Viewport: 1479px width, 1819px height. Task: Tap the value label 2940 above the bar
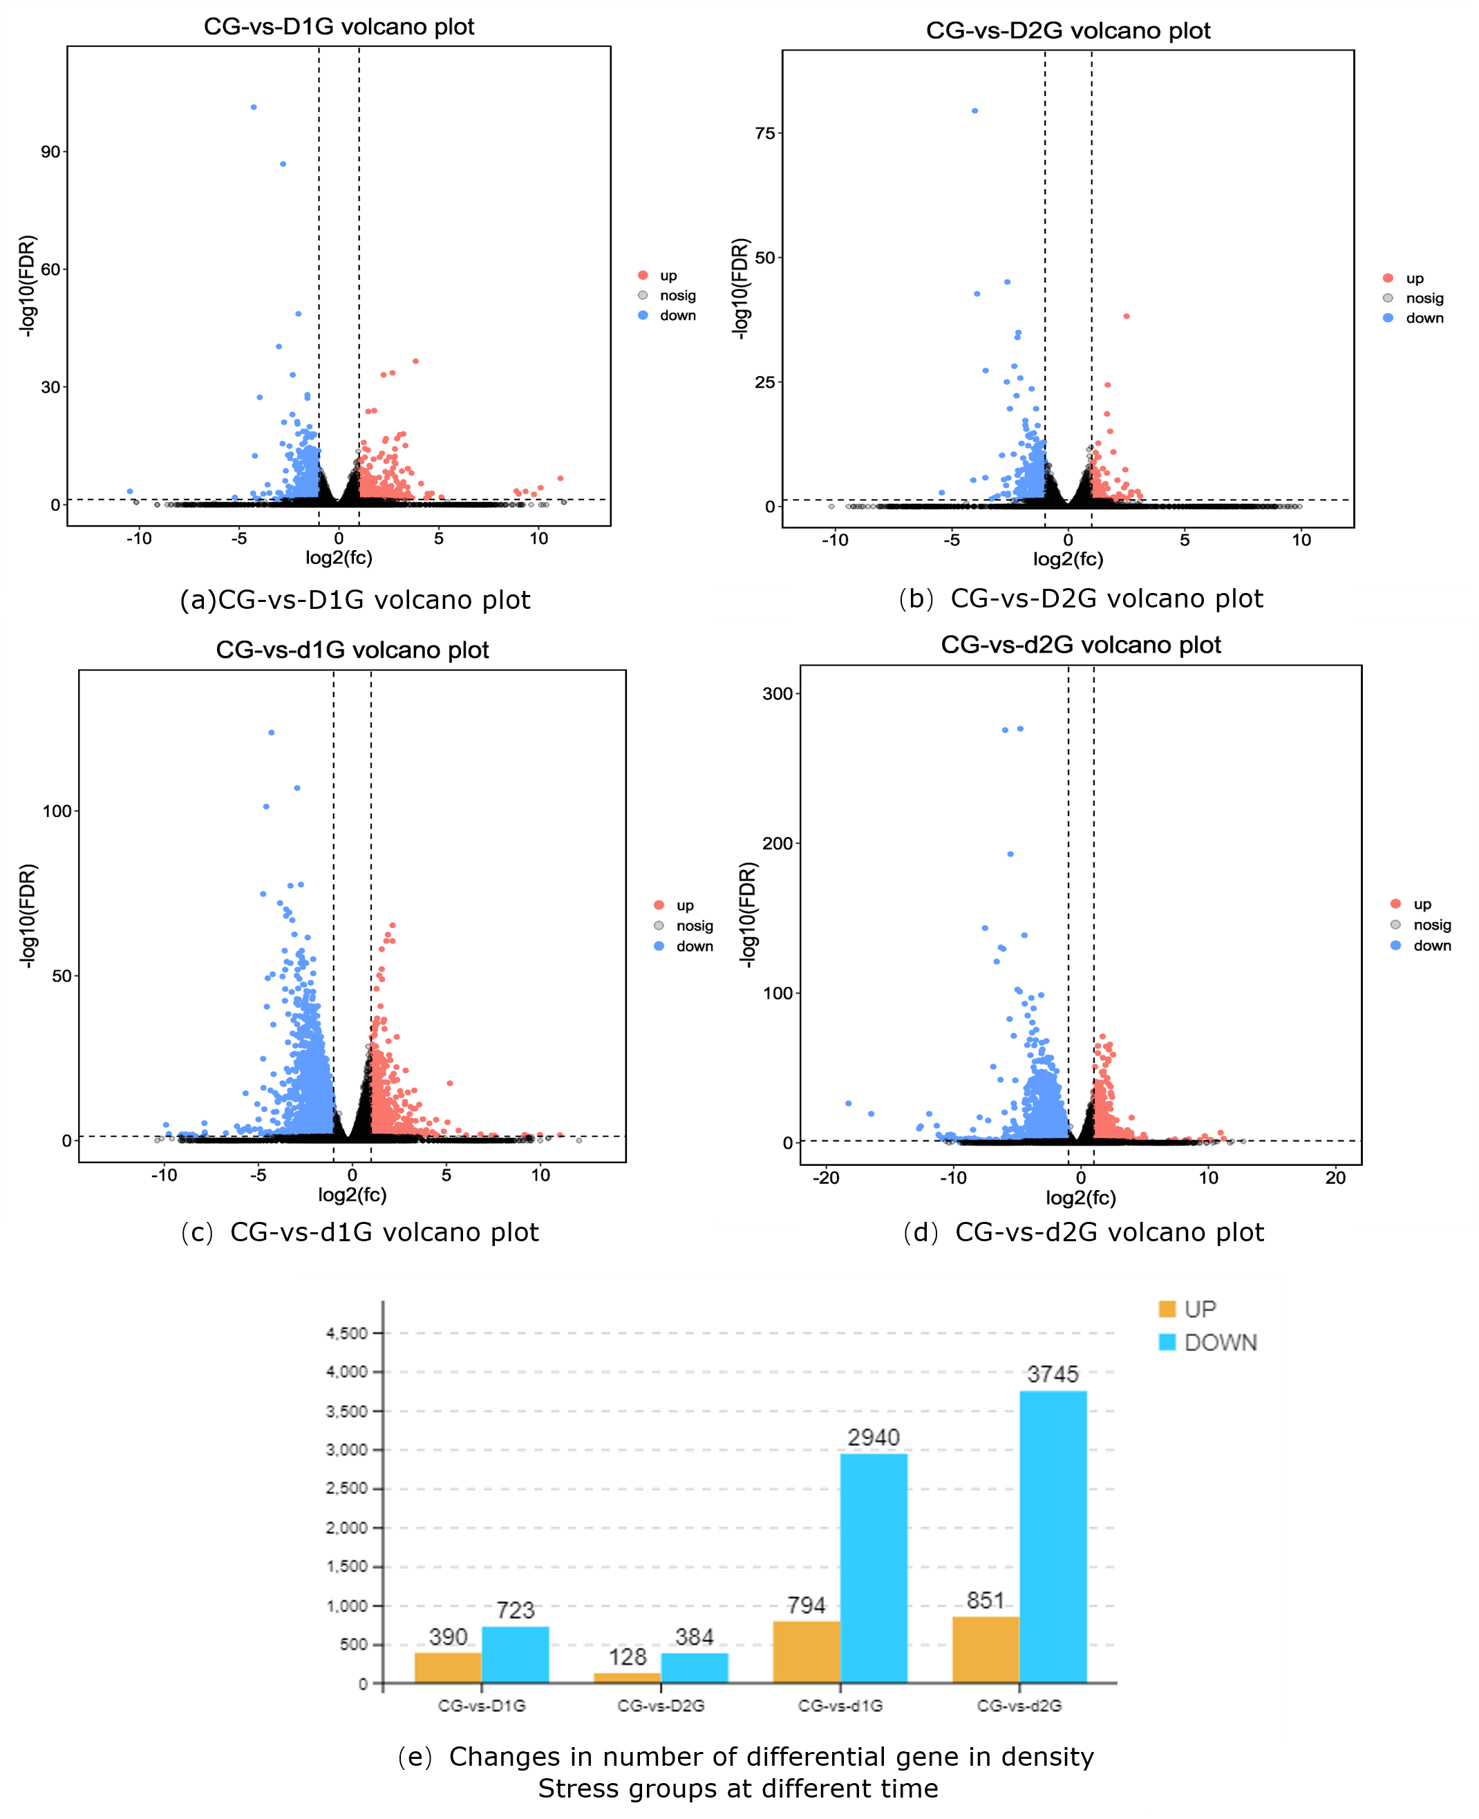pyautogui.click(x=874, y=1438)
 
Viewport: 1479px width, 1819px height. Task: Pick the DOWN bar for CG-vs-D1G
pyautogui.click(x=515, y=1655)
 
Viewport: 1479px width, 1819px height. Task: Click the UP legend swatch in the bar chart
pyautogui.click(x=1167, y=1309)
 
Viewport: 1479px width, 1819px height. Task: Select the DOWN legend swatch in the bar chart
pyautogui.click(x=1167, y=1343)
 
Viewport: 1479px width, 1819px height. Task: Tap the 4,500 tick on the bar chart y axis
pyautogui.click(x=347, y=1333)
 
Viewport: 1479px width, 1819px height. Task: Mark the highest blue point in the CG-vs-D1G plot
pyautogui.click(x=254, y=107)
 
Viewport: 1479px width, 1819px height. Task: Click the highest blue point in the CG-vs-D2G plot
pyautogui.click(x=974, y=111)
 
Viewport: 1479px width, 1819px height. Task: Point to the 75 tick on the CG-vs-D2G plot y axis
pyautogui.click(x=764, y=133)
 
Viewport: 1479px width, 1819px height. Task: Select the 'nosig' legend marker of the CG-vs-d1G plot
pyautogui.click(x=659, y=925)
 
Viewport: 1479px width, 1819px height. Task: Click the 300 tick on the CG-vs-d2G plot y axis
pyautogui.click(x=777, y=693)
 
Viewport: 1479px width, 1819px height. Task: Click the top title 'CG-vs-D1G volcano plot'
pyautogui.click(x=339, y=26)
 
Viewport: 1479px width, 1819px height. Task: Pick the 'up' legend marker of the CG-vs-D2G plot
pyautogui.click(x=1388, y=278)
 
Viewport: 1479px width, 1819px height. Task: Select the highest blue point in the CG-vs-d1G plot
pyautogui.click(x=272, y=733)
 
